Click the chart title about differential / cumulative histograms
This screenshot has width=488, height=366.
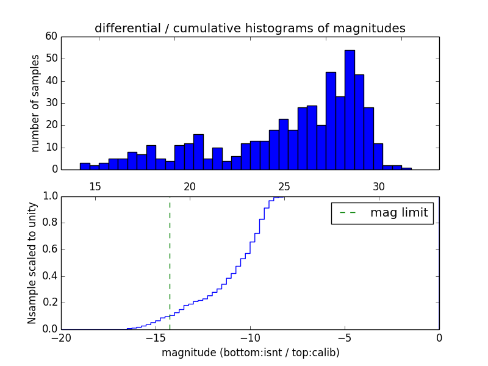[x=249, y=28]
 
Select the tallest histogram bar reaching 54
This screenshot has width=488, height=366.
[x=350, y=110]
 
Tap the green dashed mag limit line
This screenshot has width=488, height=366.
[x=170, y=262]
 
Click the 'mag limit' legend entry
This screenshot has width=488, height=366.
[x=382, y=213]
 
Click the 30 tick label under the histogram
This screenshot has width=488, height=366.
[x=379, y=186]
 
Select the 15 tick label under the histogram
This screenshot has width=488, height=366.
[x=95, y=186]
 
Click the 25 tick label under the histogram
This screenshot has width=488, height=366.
[x=284, y=186]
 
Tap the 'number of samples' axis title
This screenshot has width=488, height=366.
[x=35, y=102]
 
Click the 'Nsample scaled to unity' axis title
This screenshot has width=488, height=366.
[x=32, y=262]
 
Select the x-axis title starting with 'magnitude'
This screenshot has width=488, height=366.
[x=250, y=353]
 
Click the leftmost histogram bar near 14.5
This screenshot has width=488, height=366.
[x=85, y=166]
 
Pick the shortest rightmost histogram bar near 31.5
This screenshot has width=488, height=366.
[x=406, y=168]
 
